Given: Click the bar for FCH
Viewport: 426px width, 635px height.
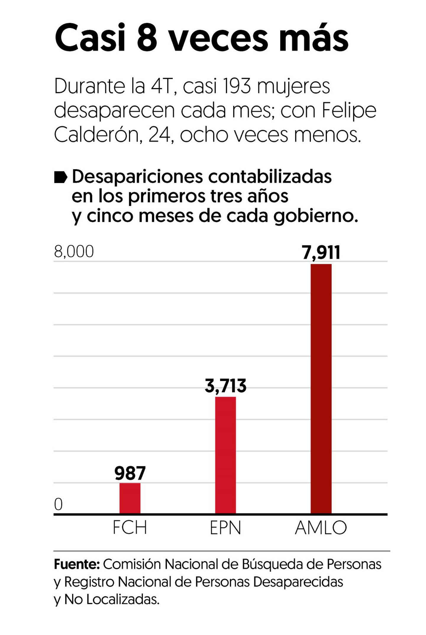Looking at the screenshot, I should [130, 498].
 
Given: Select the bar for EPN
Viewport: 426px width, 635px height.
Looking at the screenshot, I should [225, 455].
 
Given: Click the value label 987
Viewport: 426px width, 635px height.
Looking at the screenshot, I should [130, 473].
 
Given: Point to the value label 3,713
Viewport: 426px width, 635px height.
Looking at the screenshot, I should [225, 386].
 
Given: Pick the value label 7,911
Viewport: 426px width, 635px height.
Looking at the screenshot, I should [321, 253].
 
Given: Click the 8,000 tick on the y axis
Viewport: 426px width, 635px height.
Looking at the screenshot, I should [74, 252].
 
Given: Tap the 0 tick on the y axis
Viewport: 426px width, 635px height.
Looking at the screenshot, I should [58, 504].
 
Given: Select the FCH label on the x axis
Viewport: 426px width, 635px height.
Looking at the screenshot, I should [130, 527].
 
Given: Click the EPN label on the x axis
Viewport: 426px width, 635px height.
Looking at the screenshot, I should [225, 527].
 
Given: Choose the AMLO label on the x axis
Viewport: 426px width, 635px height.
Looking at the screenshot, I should [321, 527].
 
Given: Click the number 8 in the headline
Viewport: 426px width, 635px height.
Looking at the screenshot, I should [147, 38].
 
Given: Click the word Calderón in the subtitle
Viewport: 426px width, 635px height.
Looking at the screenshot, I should [96, 135].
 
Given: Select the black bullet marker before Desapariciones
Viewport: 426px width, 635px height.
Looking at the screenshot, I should [60, 178].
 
